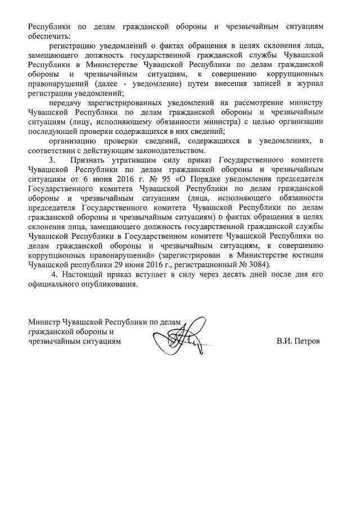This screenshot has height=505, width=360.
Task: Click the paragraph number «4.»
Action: coord(55,274)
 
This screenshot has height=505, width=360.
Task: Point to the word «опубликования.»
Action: coord(110,284)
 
